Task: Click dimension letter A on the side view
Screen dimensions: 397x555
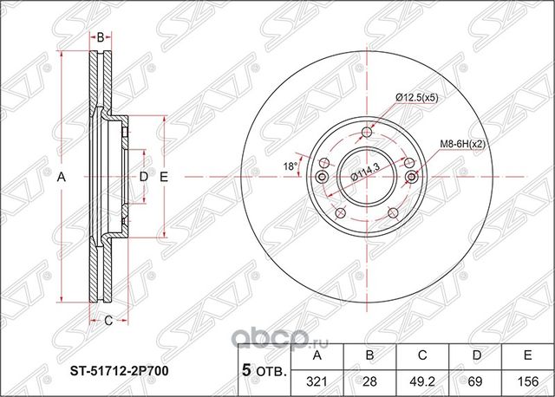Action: coord(62,177)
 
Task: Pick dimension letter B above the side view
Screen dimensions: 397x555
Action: coord(101,37)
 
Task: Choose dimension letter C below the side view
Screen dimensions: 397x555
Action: coord(108,322)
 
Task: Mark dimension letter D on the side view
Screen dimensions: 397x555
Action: coord(144,177)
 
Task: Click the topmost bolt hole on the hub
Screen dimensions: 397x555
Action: coord(367,133)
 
